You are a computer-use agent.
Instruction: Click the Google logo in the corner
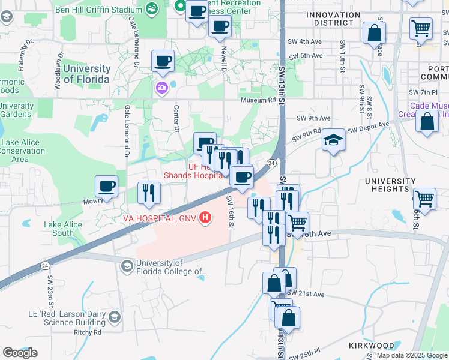point(20,353)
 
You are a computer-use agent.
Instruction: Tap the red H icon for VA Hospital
point(206,217)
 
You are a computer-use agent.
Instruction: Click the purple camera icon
point(161,89)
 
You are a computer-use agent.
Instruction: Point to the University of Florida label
point(86,74)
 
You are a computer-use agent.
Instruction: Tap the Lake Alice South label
point(59,229)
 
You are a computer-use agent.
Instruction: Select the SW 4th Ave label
point(306,41)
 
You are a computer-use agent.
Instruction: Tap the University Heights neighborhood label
point(390,185)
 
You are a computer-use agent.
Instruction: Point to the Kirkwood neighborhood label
point(372,346)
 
